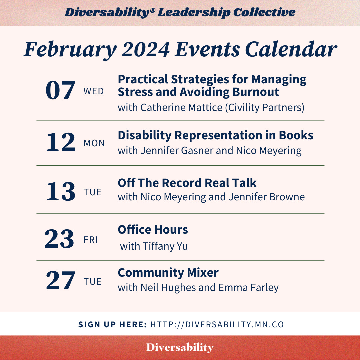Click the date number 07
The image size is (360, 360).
60,91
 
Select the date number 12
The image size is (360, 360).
60,143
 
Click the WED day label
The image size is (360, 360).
94,91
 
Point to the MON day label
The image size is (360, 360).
94,143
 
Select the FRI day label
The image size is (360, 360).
91,240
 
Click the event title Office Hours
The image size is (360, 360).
153,230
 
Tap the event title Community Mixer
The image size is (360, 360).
168,273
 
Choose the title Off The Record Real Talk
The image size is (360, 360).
187,183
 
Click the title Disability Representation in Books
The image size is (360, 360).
215,135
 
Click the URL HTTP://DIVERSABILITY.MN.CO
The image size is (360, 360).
217,324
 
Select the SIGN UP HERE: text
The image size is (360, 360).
113,324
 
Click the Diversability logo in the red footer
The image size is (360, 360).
180,348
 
